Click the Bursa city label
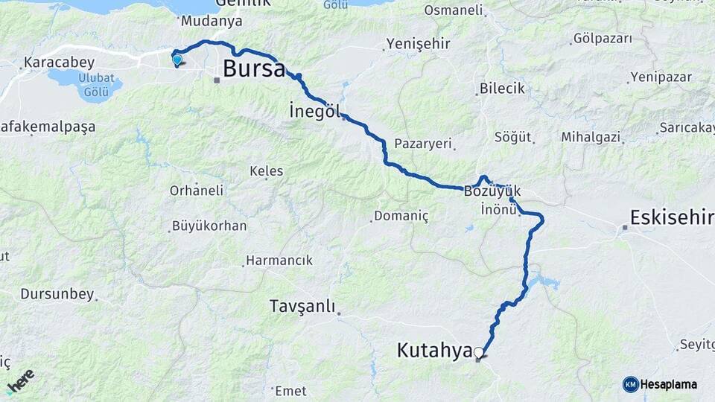254,70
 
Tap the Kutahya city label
435,350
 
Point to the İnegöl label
314,112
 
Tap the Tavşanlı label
303,307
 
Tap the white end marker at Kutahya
478,353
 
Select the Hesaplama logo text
668,384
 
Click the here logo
21,380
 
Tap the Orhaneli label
197,191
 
